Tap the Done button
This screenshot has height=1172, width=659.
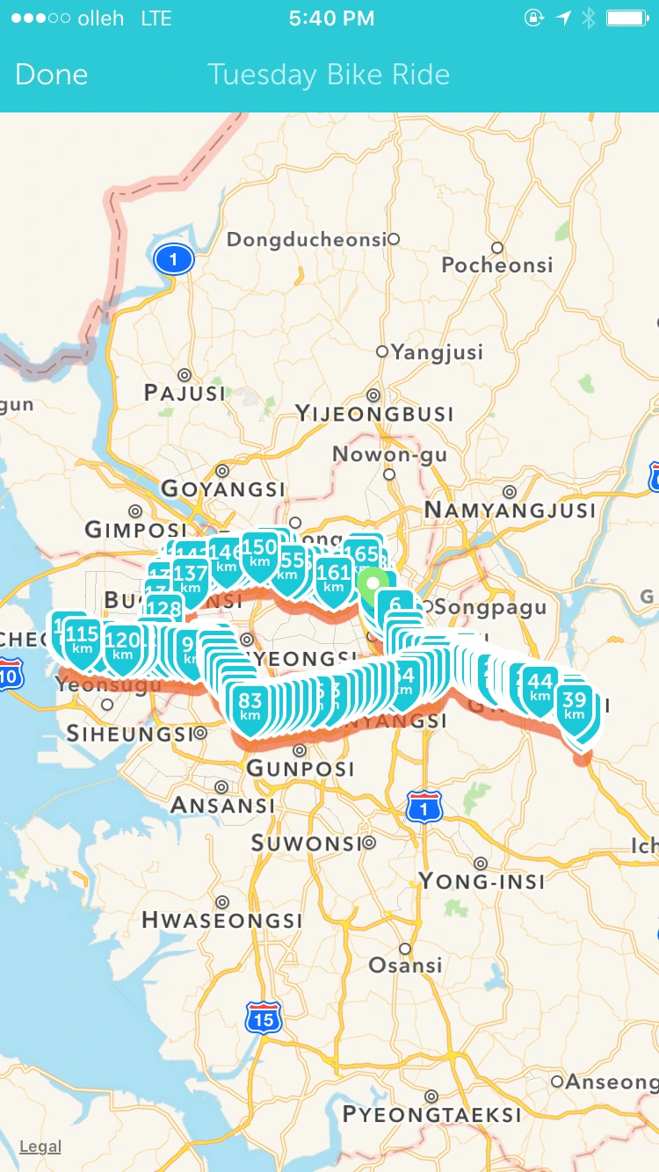point(51,75)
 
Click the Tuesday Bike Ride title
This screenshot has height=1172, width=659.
point(329,75)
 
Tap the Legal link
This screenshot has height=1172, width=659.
point(40,1147)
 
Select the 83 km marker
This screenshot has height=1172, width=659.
point(250,707)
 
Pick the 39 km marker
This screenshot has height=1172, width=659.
point(574,706)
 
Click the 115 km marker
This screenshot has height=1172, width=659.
point(83,640)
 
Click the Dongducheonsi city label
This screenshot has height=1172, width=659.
point(307,239)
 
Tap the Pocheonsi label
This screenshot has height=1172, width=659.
point(497,264)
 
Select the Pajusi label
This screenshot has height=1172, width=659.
point(185,392)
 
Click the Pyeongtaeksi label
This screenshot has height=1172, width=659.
point(431,1114)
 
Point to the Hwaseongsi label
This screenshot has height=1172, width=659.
point(221,920)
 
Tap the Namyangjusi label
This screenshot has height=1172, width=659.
point(510,510)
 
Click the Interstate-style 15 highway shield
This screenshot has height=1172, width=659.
point(263,1018)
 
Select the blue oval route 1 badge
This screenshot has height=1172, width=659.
point(174,259)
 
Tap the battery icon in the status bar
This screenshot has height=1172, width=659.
point(627,18)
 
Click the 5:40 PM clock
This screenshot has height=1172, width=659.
point(331,18)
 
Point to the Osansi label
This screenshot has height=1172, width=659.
point(405,965)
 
